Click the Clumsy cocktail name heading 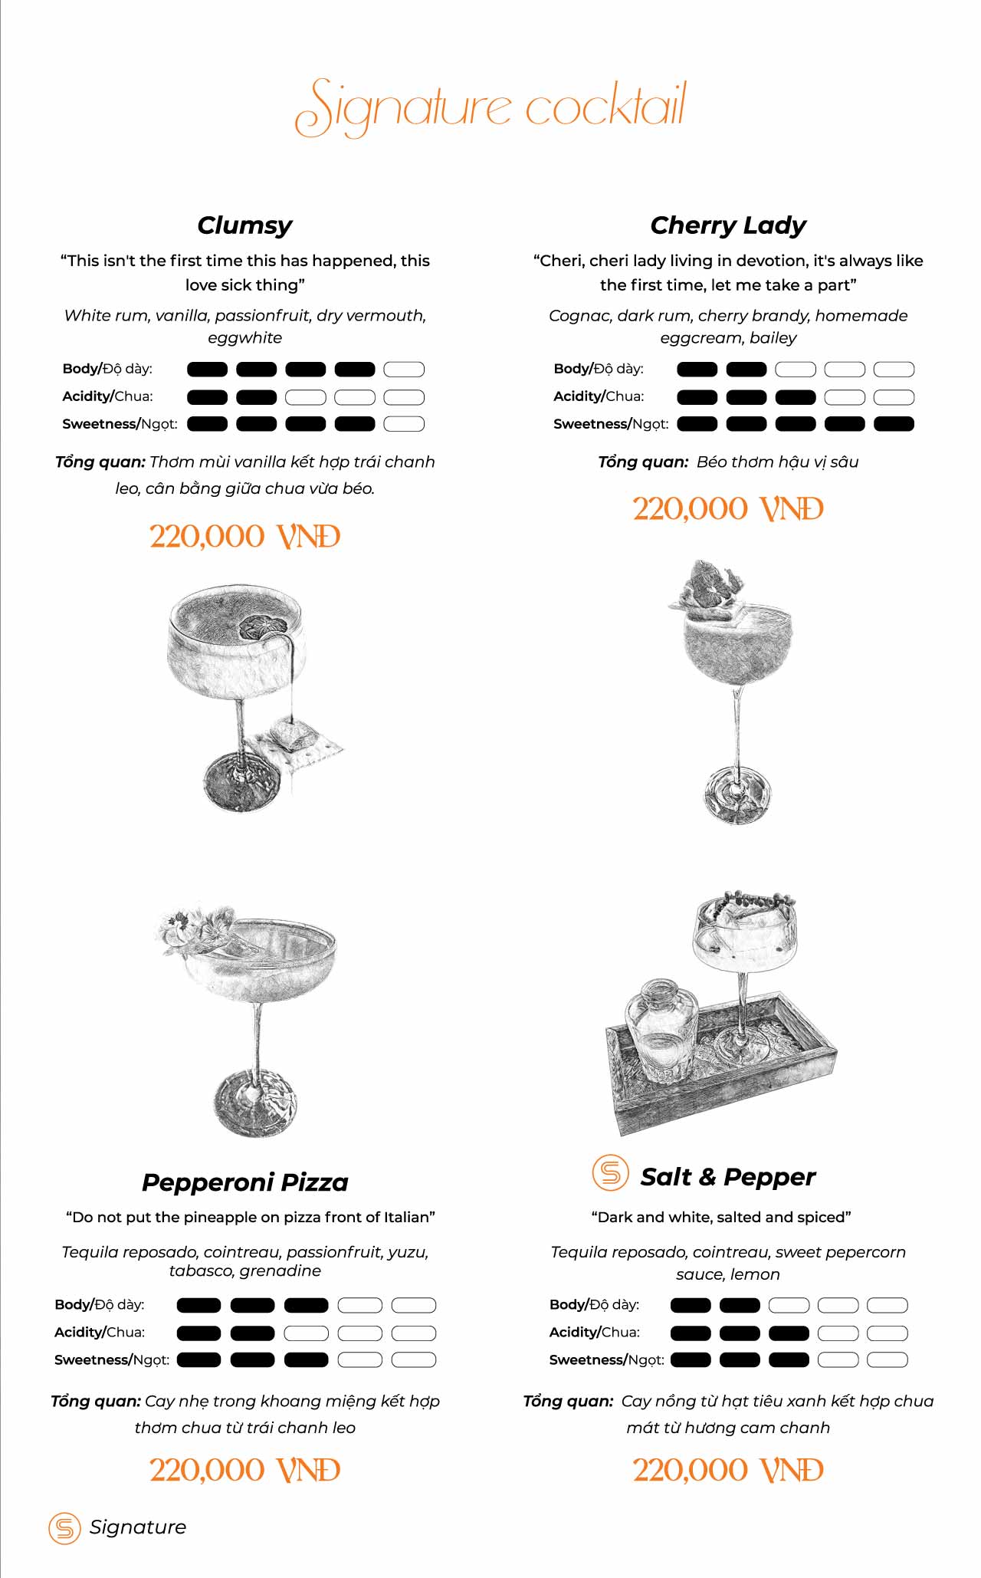[244, 225]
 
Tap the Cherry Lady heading [728, 225]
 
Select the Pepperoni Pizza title [245, 1182]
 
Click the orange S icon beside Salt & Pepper [610, 1172]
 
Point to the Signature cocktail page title [490, 107]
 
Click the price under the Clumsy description [244, 537]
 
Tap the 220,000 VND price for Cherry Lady [728, 509]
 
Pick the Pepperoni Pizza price [244, 1471]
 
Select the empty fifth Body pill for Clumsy [404, 370]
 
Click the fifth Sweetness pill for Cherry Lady [894, 424]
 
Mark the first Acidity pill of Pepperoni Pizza [198, 1333]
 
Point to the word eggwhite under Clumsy [244, 338]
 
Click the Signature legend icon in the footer [64, 1528]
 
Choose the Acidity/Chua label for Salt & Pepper [595, 1333]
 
